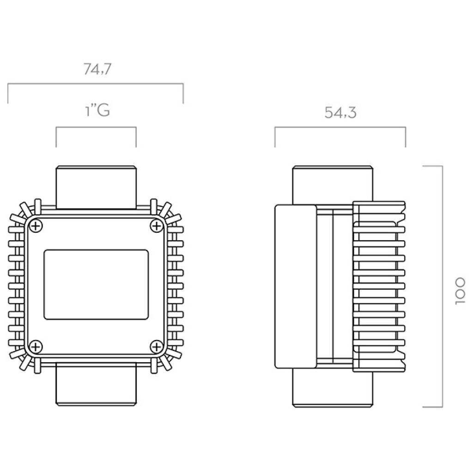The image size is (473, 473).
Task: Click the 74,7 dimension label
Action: [x=97, y=69]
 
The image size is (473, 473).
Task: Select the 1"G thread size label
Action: [x=97, y=110]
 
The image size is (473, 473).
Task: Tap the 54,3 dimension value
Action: [x=340, y=113]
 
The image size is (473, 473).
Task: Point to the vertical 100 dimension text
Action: [x=460, y=291]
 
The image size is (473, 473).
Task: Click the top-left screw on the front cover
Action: [x=36, y=225]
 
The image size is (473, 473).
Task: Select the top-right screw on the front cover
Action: [x=156, y=225]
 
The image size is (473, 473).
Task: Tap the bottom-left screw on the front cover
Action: [x=36, y=346]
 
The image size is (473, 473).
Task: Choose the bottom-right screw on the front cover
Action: [x=156, y=346]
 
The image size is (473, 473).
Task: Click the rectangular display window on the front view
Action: [x=96, y=285]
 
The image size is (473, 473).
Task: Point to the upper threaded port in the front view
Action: [x=96, y=187]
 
